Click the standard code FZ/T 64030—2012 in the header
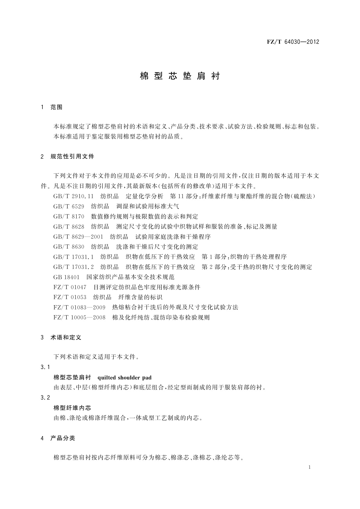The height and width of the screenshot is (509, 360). point(293,42)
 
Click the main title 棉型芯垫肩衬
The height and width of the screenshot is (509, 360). point(180,76)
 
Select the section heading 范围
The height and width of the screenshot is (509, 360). point(57,107)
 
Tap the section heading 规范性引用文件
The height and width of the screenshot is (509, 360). point(72,156)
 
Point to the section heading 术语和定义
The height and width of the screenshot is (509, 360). point(66,337)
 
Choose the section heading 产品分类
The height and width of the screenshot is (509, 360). point(63,438)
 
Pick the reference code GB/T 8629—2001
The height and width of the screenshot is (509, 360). point(78,237)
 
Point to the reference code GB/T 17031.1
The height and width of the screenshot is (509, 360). point(73,257)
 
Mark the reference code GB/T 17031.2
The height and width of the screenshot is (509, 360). point(73,267)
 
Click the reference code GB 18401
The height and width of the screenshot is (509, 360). point(66,277)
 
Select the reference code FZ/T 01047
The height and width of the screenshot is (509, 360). point(70,287)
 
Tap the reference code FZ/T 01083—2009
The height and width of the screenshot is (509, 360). point(79,307)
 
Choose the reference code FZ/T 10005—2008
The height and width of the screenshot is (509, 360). point(79,317)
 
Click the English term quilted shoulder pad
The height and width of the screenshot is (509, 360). point(125,378)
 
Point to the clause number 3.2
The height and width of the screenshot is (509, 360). point(45,397)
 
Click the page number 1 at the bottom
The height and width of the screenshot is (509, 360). point(310,467)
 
